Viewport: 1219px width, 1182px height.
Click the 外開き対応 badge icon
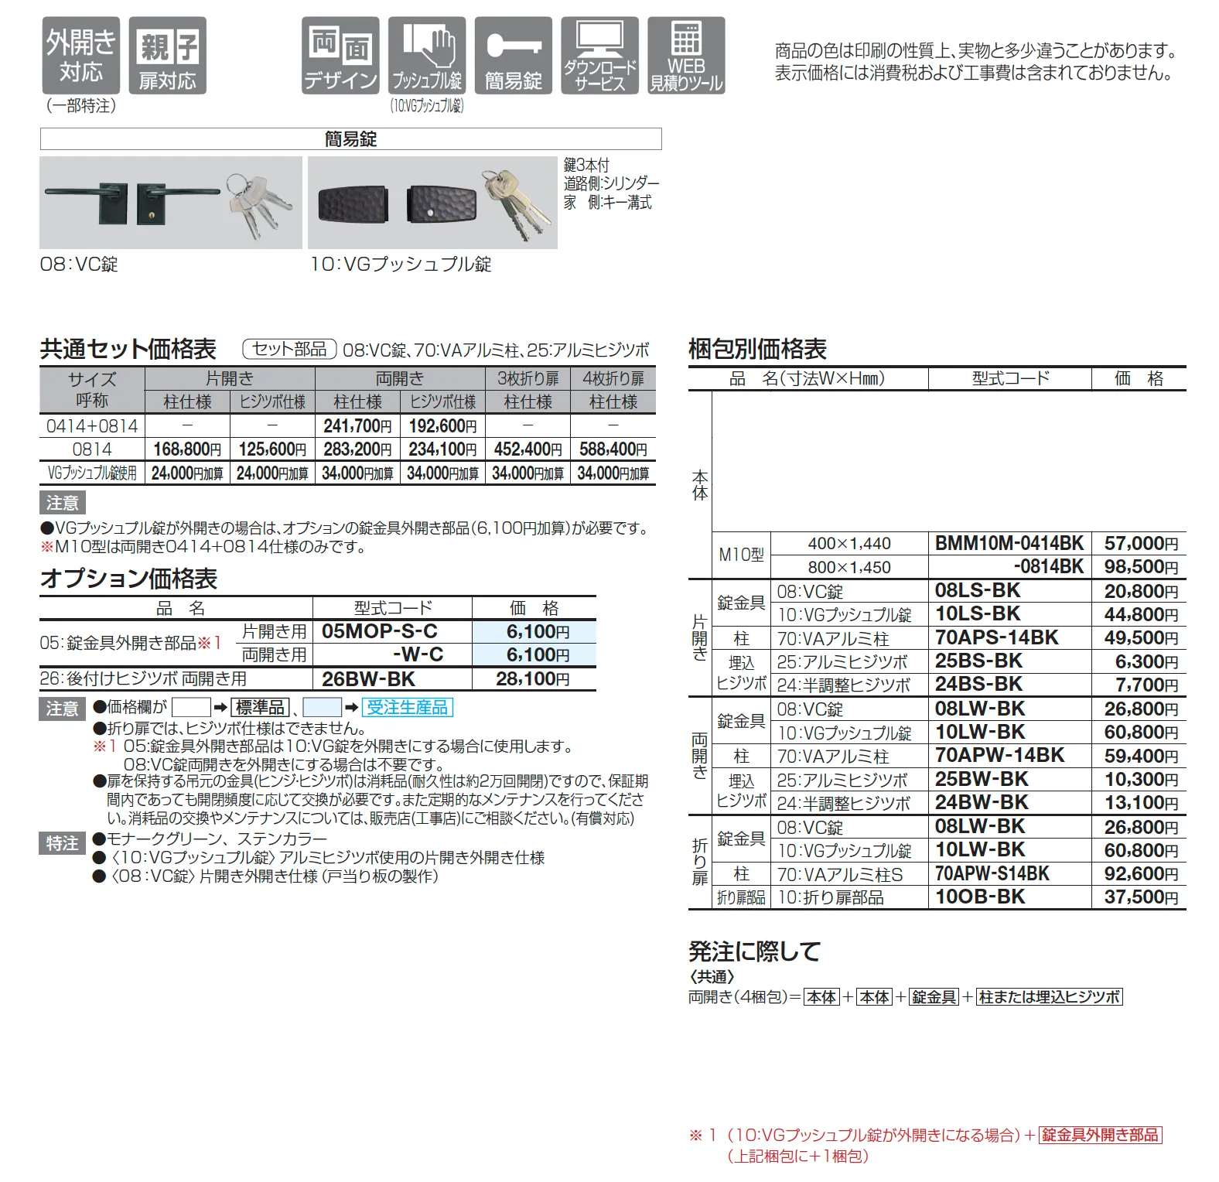[81, 56]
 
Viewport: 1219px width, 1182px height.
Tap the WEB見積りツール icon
[686, 56]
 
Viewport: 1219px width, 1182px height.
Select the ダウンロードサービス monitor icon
[600, 56]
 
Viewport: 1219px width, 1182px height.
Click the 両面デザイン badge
[340, 56]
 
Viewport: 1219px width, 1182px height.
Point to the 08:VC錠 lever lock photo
[171, 203]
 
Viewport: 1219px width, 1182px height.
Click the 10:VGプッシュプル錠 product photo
[432, 203]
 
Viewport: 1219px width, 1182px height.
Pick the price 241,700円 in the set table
[357, 425]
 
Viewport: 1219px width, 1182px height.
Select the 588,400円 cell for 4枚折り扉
[613, 449]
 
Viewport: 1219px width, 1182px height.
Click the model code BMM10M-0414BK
[1009, 543]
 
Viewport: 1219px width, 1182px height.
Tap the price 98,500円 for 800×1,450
[1141, 566]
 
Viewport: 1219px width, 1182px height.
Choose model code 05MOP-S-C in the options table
[380, 631]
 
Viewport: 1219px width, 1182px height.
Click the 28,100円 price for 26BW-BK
[533, 679]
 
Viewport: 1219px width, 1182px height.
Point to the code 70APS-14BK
[996, 637]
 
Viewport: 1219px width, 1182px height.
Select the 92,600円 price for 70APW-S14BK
[1141, 873]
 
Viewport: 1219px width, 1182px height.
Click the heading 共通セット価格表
[128, 350]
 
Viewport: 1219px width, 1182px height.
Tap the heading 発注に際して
[754, 951]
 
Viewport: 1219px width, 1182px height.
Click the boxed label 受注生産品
[408, 707]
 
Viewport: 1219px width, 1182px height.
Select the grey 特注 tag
[62, 843]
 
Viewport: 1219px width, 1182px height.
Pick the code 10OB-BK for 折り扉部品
[980, 897]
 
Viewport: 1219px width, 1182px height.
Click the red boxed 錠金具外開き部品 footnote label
[1101, 1135]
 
